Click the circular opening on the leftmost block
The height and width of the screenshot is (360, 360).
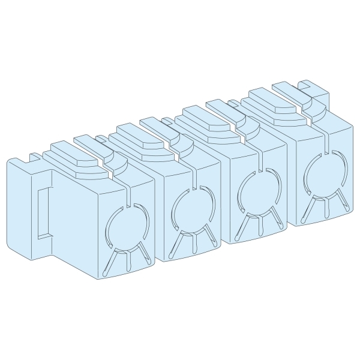125,227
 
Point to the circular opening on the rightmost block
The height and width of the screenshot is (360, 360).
324,172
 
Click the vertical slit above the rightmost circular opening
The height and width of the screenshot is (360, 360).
327,142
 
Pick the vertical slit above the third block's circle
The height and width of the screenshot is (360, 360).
262,160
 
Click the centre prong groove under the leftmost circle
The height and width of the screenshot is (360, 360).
128,261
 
